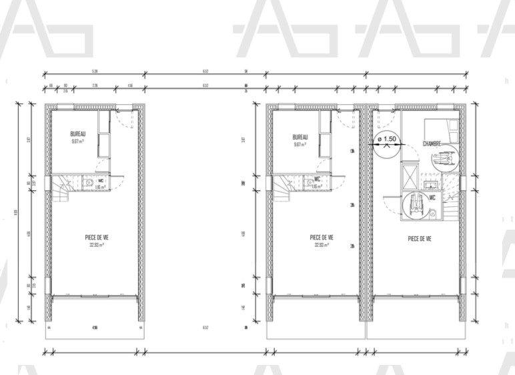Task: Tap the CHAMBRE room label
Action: coord(434,144)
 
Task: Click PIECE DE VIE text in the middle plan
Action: coord(322,238)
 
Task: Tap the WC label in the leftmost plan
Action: coord(100,180)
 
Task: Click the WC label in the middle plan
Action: coord(318,179)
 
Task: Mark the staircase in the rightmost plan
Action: coord(453,206)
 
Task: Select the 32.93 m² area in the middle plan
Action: coord(322,245)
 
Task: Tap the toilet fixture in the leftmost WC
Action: coord(88,181)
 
